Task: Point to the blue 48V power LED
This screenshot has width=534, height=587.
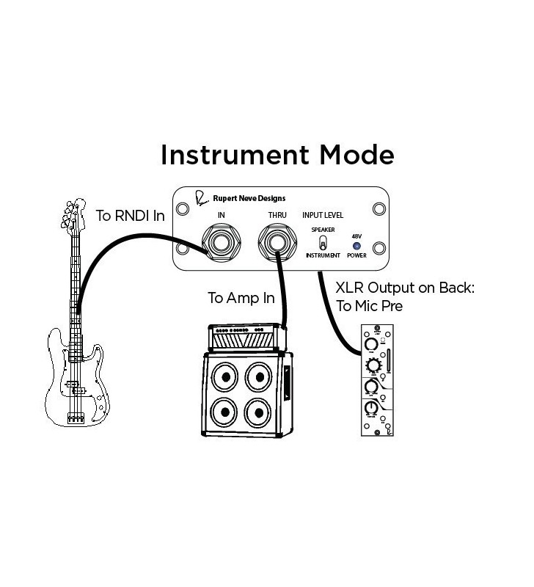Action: [356, 245]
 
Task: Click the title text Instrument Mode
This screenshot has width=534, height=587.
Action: [277, 155]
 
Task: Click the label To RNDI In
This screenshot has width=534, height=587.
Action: [130, 216]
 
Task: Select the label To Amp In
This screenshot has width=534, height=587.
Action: [241, 298]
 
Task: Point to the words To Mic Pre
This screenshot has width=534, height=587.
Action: [368, 306]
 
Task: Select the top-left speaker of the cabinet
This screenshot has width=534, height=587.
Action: [225, 378]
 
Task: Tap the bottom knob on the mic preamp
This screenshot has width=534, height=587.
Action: [372, 409]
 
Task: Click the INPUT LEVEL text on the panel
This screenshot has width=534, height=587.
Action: [323, 216]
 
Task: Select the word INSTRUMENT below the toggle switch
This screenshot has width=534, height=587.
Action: [323, 255]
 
